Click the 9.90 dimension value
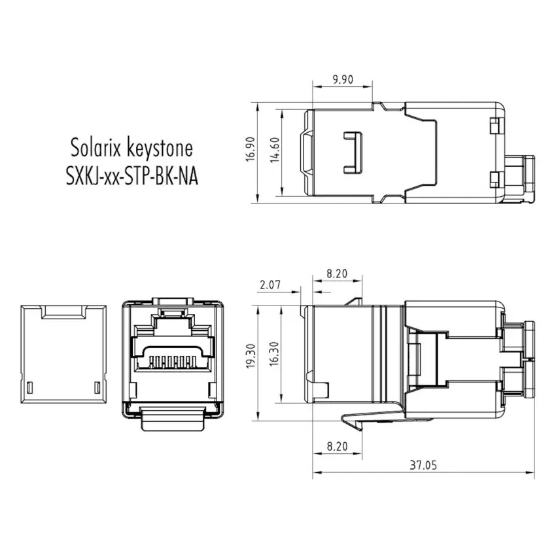coord(343,79)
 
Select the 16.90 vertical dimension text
coord(251,149)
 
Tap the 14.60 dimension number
coord(275,150)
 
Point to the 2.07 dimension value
coord(270,285)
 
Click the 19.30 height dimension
coord(251,356)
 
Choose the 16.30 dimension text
coord(275,354)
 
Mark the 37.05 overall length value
coord(423,465)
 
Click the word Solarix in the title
coord(96,148)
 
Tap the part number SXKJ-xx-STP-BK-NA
coord(132,176)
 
